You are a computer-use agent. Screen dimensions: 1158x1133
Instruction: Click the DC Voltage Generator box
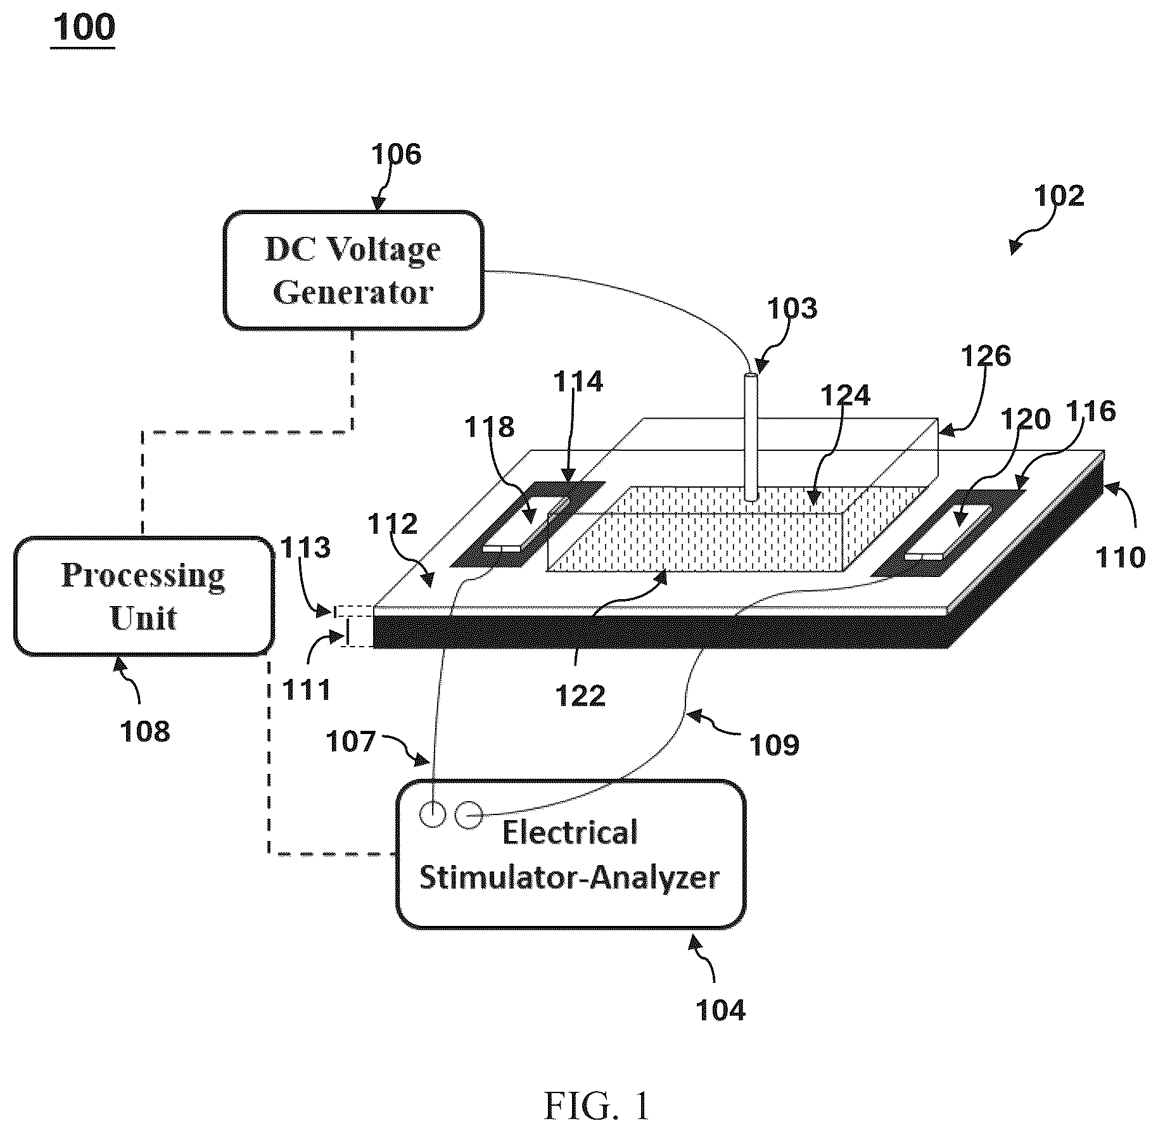tap(353, 270)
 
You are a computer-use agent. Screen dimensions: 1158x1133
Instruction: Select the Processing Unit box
tap(144, 596)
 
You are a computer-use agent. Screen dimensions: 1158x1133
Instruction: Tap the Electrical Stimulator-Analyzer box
tap(570, 855)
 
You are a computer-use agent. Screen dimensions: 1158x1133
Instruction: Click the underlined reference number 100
tap(84, 28)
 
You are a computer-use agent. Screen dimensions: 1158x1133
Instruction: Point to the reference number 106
tap(396, 154)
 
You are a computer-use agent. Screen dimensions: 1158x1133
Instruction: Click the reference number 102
tap(1059, 196)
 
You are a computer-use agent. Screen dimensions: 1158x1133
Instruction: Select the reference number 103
tap(792, 308)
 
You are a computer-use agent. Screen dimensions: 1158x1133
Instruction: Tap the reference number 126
tap(986, 357)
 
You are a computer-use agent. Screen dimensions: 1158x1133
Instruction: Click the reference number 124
tap(846, 395)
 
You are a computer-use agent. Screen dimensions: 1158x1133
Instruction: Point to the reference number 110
tap(1121, 557)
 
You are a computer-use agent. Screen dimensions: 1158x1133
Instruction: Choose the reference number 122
tap(581, 697)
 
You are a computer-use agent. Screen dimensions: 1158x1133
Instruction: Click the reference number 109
tap(775, 745)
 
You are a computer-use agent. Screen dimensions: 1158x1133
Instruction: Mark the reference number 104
tap(721, 1010)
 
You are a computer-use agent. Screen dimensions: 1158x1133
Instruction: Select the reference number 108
tap(145, 731)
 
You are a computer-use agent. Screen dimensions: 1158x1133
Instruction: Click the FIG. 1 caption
tap(597, 1106)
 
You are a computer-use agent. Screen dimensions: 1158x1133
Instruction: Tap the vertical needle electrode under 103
tap(751, 438)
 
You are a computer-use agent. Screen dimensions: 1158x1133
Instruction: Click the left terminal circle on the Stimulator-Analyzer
tap(433, 813)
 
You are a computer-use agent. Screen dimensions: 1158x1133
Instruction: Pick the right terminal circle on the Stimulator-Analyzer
tap(469, 814)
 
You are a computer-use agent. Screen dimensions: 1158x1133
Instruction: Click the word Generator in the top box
tap(353, 293)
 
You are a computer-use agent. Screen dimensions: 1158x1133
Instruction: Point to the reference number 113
tap(306, 547)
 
